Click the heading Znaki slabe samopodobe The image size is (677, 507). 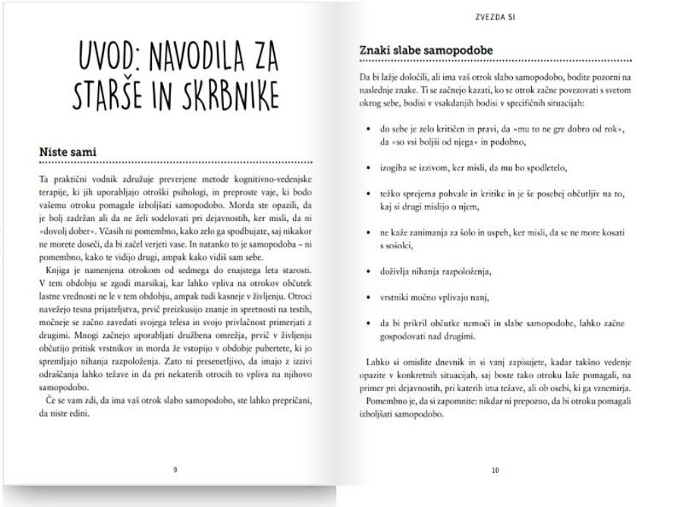click(x=425, y=50)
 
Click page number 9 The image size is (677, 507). click(x=175, y=469)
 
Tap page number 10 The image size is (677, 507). click(x=495, y=469)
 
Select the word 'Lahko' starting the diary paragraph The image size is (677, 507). click(x=372, y=362)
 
